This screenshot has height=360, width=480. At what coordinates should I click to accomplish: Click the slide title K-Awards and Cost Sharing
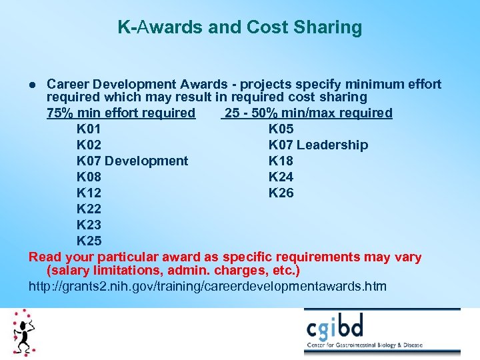(x=240, y=27)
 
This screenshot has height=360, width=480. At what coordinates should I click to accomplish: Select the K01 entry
(x=89, y=129)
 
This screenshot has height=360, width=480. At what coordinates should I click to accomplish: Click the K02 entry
(x=89, y=145)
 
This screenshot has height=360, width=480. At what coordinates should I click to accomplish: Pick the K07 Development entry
(x=132, y=161)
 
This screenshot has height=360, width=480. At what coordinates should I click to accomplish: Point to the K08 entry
(x=89, y=177)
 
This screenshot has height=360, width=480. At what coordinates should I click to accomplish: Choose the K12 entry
(x=89, y=193)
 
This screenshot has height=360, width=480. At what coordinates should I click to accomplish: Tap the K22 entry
(x=89, y=209)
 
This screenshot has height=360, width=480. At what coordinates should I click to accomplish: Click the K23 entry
(x=89, y=225)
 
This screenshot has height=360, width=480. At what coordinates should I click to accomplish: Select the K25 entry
(x=89, y=241)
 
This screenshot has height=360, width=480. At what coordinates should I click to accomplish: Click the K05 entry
(x=281, y=129)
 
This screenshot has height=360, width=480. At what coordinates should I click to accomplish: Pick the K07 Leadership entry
(x=318, y=145)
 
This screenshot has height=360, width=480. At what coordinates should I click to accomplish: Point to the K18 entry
(x=281, y=161)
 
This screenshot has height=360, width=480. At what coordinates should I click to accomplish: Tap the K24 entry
(x=281, y=177)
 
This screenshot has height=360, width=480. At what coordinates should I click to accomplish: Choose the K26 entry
(x=281, y=193)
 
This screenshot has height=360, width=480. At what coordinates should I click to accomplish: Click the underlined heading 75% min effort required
(x=121, y=113)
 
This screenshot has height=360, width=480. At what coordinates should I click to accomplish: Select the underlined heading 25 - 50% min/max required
(x=308, y=113)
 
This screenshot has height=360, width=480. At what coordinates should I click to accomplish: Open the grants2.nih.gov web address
(x=207, y=287)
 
